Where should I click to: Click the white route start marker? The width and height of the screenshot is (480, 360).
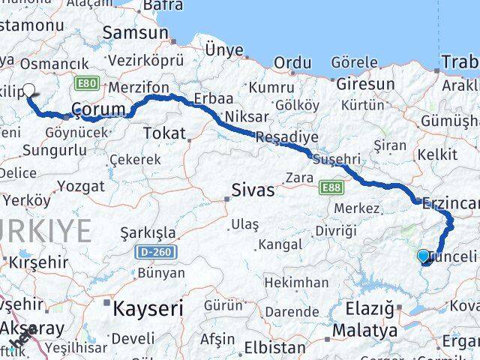28,91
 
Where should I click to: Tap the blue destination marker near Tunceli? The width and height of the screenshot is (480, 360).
424,257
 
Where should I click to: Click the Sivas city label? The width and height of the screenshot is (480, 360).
253,190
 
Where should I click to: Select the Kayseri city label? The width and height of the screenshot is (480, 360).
148,307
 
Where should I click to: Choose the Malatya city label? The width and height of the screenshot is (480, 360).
364,330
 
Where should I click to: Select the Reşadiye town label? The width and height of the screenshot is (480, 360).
286,137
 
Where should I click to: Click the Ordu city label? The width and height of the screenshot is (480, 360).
292,63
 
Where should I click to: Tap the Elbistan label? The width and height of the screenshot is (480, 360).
278,348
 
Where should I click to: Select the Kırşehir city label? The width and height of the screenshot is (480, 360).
38,262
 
